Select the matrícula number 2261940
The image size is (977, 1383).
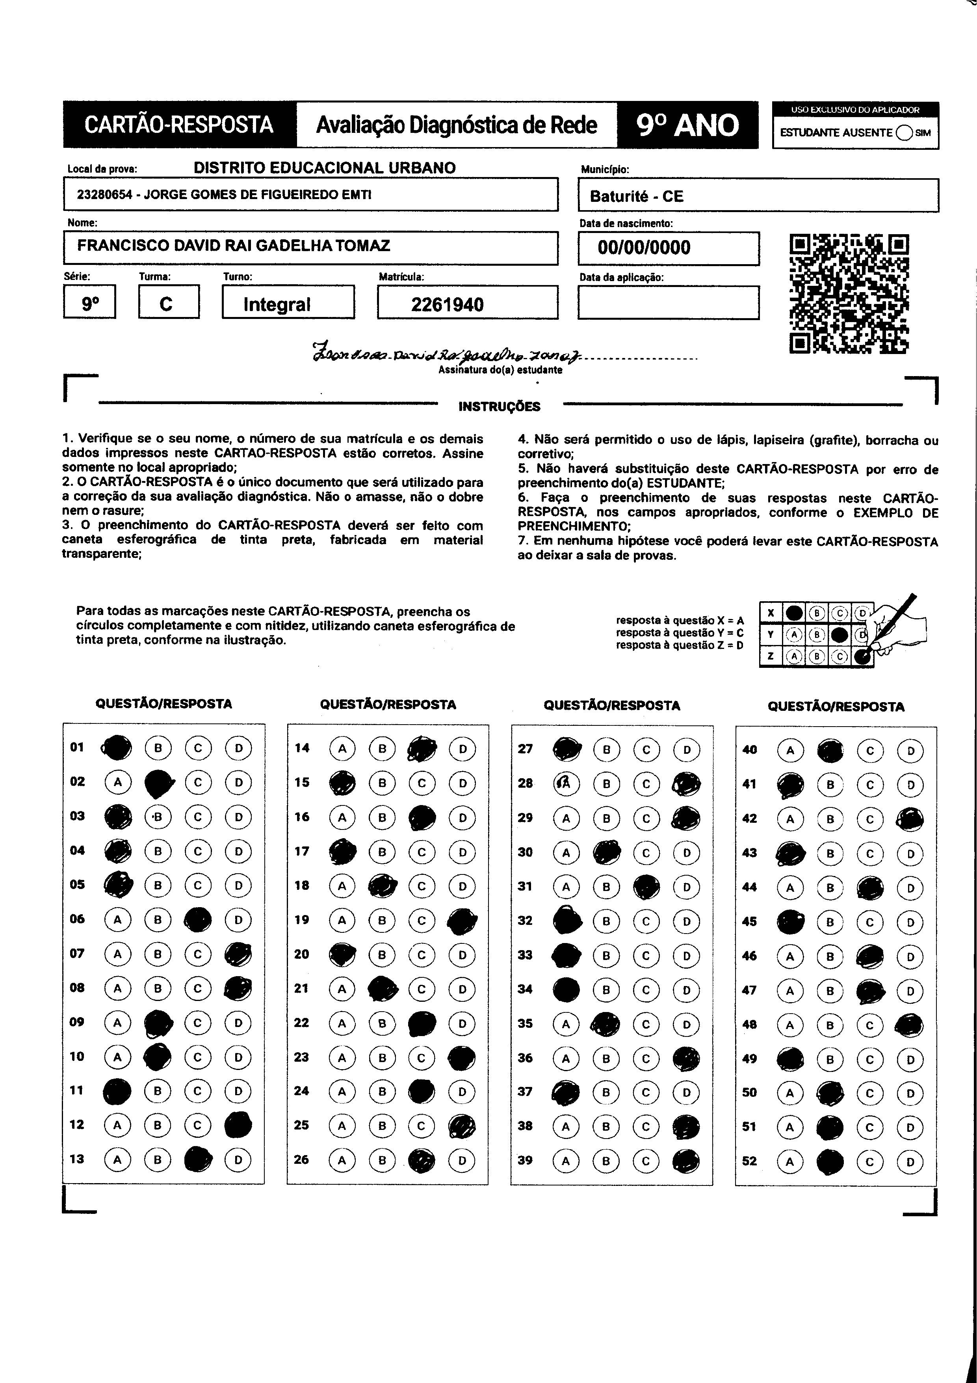click(447, 304)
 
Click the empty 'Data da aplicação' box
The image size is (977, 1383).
click(668, 302)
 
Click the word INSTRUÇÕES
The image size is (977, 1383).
click(499, 406)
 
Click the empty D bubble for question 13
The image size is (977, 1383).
click(238, 1159)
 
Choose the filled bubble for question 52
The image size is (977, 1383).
click(830, 1161)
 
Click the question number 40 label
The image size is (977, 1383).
click(749, 750)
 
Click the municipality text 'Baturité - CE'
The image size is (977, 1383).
click(636, 196)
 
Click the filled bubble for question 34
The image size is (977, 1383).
click(566, 990)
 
